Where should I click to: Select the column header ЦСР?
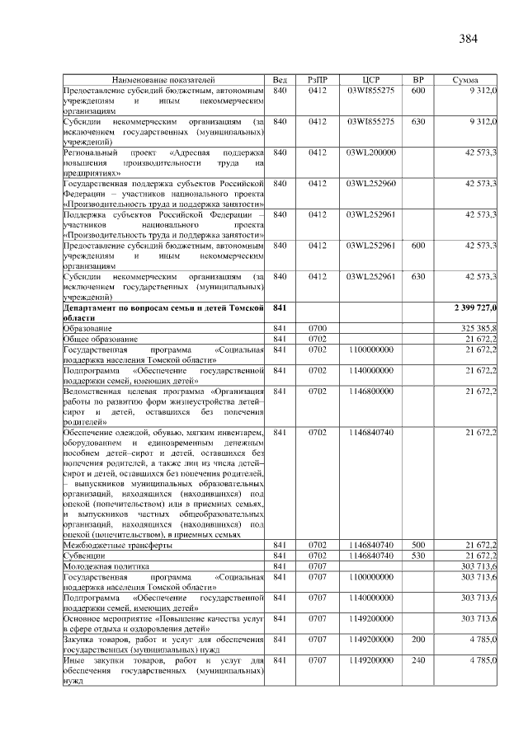(370, 79)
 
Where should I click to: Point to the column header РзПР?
(318, 79)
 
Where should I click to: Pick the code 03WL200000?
(371, 152)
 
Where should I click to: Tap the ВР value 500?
(418, 545)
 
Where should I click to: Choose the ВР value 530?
(418, 556)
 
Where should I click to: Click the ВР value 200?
(418, 639)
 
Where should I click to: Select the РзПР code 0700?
(318, 328)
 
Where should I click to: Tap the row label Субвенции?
(84, 556)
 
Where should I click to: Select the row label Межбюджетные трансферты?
(117, 545)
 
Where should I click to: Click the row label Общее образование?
(100, 338)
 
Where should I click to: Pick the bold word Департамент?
(88, 307)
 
